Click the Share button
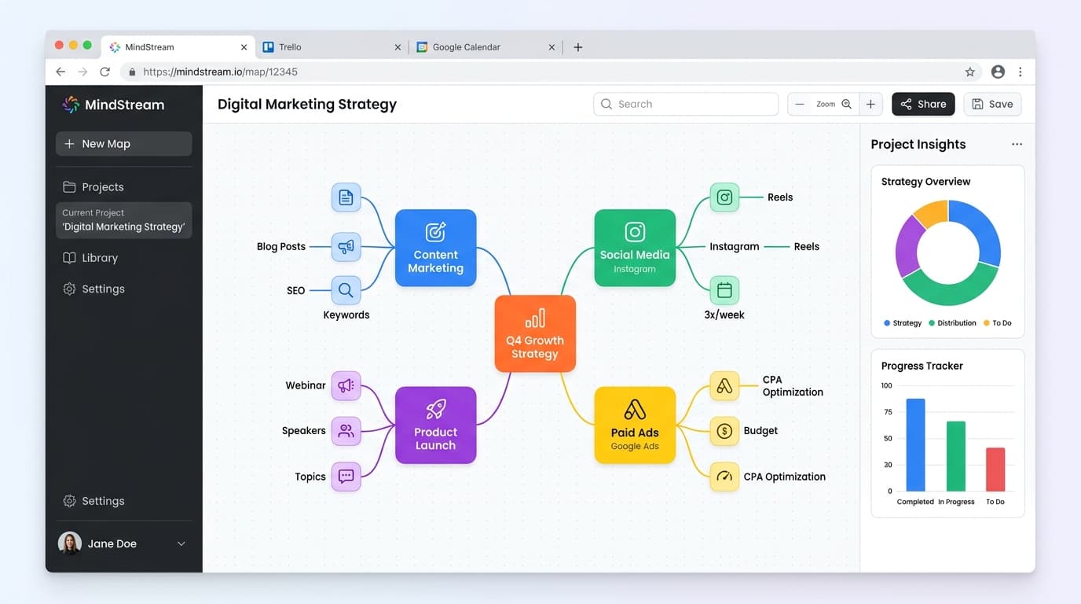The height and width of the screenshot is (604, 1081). coord(923,104)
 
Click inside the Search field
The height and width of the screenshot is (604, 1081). coord(686,104)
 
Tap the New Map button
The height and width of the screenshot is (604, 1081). coord(123,143)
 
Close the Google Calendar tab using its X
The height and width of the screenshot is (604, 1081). coord(551,47)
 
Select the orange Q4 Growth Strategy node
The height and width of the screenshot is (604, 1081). coord(535,333)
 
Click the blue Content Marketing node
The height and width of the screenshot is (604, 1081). coord(435,248)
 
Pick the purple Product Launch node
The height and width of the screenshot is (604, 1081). coord(435,425)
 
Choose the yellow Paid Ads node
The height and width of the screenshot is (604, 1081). coord(635,425)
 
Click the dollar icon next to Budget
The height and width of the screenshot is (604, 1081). coord(724,430)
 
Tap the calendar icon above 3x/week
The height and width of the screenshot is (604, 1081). coord(724,290)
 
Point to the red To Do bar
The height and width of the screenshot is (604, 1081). coord(995,470)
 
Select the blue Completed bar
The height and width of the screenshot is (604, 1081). coord(915,445)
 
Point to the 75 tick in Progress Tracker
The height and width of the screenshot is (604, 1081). coord(888,411)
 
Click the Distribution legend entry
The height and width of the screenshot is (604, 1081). coord(952,322)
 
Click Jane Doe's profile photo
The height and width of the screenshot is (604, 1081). coord(69,543)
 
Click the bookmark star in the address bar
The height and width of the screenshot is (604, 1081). coord(969,72)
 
